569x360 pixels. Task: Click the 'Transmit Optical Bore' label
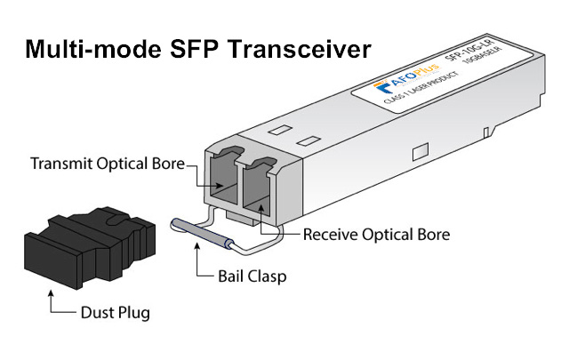tap(107, 164)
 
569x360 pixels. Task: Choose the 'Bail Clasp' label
tap(252, 276)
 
